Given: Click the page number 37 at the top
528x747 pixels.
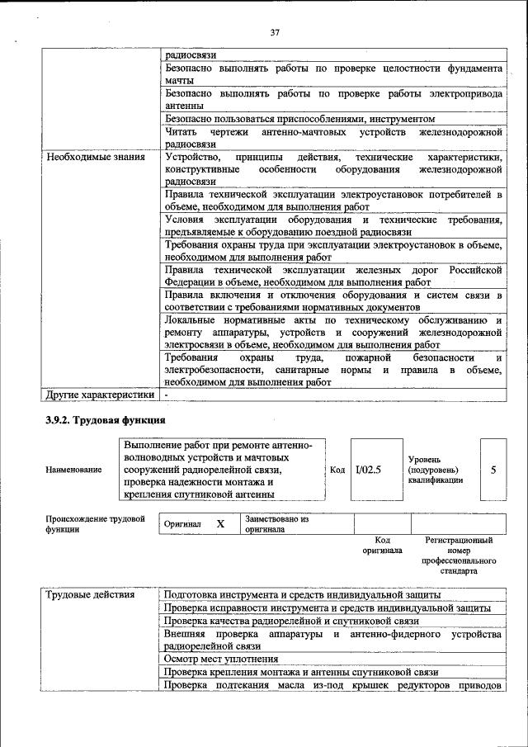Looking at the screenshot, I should pos(275,33).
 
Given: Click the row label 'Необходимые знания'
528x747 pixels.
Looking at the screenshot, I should pos(96,156).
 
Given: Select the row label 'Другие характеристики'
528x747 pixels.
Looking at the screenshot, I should pos(100,395).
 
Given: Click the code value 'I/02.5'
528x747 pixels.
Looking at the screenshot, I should pos(367,470).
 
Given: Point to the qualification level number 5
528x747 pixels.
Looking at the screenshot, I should pos(493,470).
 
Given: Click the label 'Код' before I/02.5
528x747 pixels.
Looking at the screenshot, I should pos(337,470).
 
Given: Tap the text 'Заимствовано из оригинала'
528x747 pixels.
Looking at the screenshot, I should pos(276,524).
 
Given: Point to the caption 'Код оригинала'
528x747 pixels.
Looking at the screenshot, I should pos(382,545).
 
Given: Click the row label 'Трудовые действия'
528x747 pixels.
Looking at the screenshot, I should pos(91,594).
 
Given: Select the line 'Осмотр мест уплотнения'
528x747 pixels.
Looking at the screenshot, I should pos(220,660).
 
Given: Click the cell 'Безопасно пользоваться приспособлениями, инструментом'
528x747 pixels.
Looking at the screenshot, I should pos(300,119).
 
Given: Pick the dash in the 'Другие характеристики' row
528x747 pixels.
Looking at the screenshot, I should pos(166,395).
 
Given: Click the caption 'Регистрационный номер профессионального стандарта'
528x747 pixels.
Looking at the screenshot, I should pos(459,555).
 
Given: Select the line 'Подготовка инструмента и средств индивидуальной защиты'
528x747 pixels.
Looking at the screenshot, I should pos(302,594).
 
